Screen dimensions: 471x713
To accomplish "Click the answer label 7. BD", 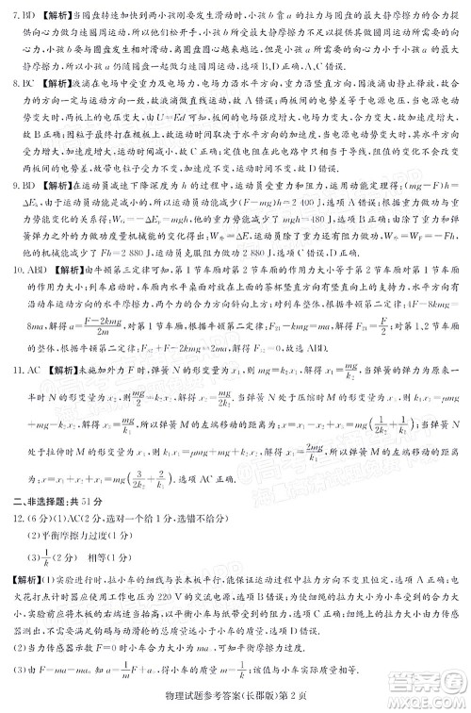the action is (18, 15).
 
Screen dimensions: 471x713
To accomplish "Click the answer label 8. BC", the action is (18, 84).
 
